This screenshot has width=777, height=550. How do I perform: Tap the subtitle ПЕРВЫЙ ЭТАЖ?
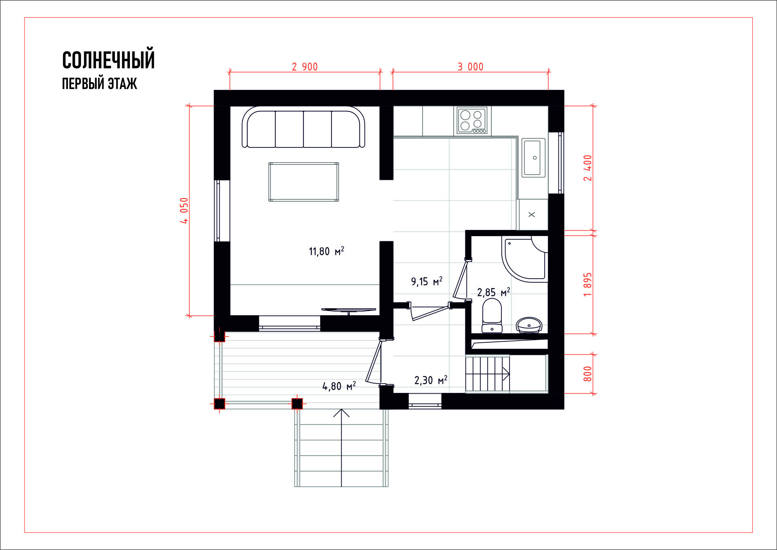tap(100, 83)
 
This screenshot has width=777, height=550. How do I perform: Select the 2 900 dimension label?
tap(305, 67)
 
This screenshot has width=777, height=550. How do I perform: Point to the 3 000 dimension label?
tap(470, 67)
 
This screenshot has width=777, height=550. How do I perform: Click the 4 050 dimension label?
tap(184, 211)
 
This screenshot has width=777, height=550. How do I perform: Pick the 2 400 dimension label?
tap(588, 168)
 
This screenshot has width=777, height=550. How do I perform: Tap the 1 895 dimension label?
tap(588, 284)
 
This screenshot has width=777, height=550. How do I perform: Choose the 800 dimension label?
tap(588, 374)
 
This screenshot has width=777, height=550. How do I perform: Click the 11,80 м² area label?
tap(326, 251)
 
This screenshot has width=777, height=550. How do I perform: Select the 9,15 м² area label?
tap(427, 281)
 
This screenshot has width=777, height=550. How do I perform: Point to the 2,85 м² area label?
tap(493, 292)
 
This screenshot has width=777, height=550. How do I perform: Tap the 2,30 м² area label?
tap(431, 380)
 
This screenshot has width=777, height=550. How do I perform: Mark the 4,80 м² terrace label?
tap(339, 386)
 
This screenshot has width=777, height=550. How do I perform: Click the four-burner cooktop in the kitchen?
tap(472, 121)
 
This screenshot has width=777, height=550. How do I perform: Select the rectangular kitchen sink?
tap(533, 158)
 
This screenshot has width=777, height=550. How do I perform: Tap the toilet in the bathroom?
tap(492, 316)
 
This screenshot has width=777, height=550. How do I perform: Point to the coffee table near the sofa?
tap(304, 182)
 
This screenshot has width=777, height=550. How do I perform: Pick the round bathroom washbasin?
tap(529, 325)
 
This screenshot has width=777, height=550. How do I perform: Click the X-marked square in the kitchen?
tap(532, 215)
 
